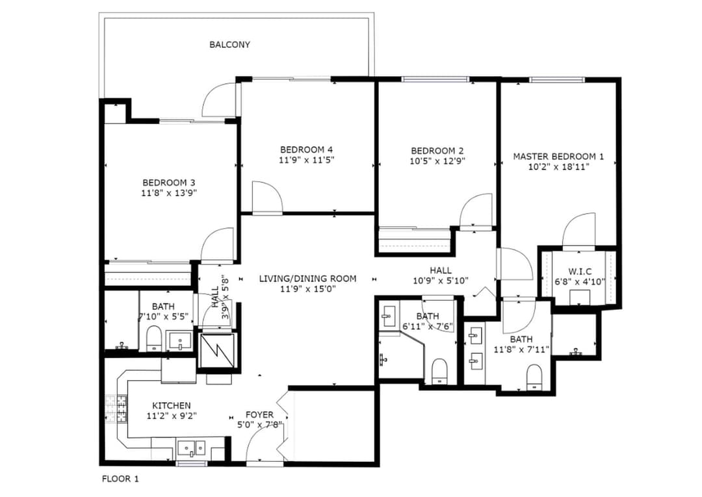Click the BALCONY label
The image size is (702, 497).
pos(229,45)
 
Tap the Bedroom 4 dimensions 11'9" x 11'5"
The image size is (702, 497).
pos(307,160)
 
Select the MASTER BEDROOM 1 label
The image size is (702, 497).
pos(558,157)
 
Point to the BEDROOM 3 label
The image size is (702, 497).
pos(169,183)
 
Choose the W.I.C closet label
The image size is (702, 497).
pos(580,272)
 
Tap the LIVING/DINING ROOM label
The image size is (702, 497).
pos(308,279)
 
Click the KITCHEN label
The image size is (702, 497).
pos(172,406)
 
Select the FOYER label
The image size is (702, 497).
pos(259,414)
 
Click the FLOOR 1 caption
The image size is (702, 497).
pos(120,479)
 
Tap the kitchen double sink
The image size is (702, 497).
pos(191,448)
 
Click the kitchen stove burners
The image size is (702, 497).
pos(116,410)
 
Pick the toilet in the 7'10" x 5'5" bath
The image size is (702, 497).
pos(154,338)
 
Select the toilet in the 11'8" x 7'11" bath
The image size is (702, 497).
pos(534,377)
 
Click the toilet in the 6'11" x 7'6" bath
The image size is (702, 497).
pos(439,372)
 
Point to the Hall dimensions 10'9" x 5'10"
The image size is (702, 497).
pos(441,281)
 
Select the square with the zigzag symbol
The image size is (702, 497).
pos(216,351)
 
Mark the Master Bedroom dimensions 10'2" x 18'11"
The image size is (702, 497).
pos(558,167)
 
